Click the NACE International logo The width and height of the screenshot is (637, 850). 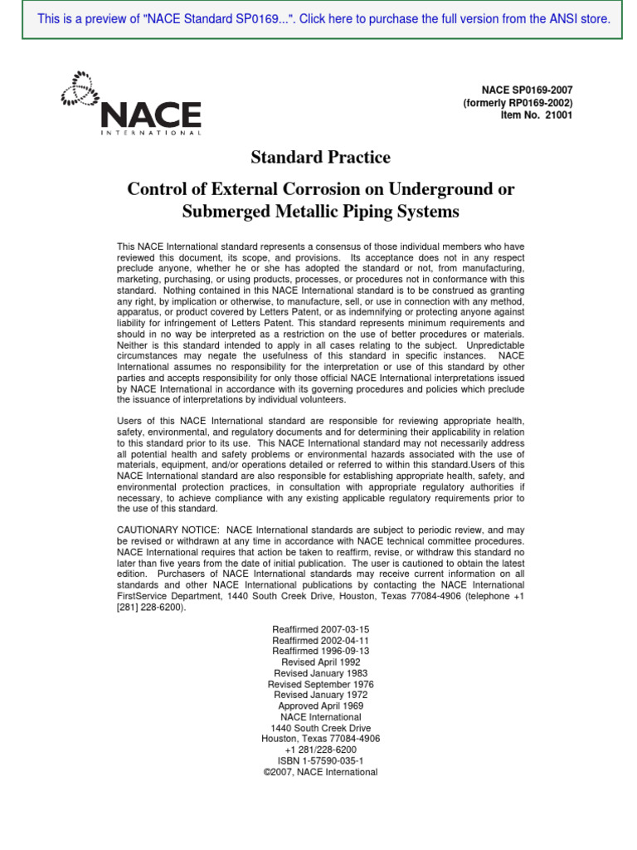[131, 104]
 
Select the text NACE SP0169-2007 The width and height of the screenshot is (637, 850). [527, 90]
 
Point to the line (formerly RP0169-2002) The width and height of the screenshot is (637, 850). [518, 102]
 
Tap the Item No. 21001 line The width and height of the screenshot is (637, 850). [537, 115]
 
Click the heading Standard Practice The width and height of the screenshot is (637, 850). [320, 158]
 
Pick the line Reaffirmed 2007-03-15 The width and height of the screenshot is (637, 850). [320, 630]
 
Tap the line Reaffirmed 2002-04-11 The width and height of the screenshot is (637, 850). [320, 641]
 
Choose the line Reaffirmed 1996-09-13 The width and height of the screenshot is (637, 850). [320, 652]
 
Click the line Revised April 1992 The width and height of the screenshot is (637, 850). [320, 662]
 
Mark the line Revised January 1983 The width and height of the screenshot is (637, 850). [320, 673]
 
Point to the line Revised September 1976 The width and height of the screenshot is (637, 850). [320, 684]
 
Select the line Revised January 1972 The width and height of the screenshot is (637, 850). [320, 695]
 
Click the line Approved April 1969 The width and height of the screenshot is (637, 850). [320, 706]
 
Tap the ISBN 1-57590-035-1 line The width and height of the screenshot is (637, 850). [320, 760]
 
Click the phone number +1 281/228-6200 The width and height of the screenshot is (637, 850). [320, 750]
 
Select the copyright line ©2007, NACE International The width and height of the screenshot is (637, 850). [320, 772]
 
